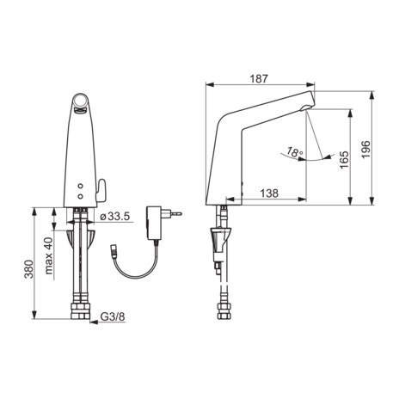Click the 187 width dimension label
click(x=259, y=79)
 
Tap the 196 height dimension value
click(x=365, y=150)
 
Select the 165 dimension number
click(x=344, y=160)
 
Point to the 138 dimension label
click(x=269, y=193)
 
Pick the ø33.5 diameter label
click(x=115, y=217)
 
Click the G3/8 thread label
click(x=113, y=316)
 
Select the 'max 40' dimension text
click(x=48, y=255)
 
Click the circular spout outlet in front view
click(x=80, y=101)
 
